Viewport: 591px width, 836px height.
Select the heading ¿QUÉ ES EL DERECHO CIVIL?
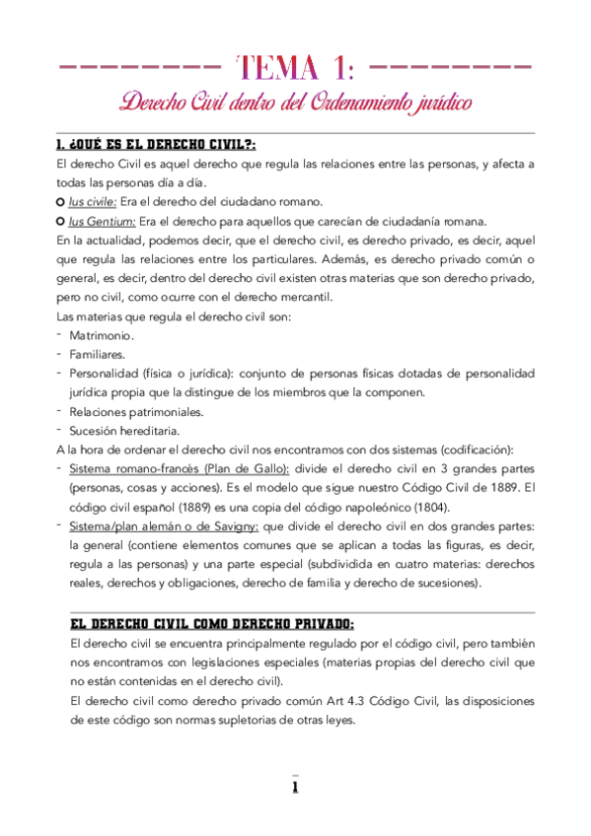(x=158, y=145)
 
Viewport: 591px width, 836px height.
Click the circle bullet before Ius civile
(x=60, y=200)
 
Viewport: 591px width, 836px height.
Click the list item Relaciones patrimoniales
(x=122, y=411)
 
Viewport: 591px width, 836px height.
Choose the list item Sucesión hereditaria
(x=111, y=431)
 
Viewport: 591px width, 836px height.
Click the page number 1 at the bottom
(x=294, y=788)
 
